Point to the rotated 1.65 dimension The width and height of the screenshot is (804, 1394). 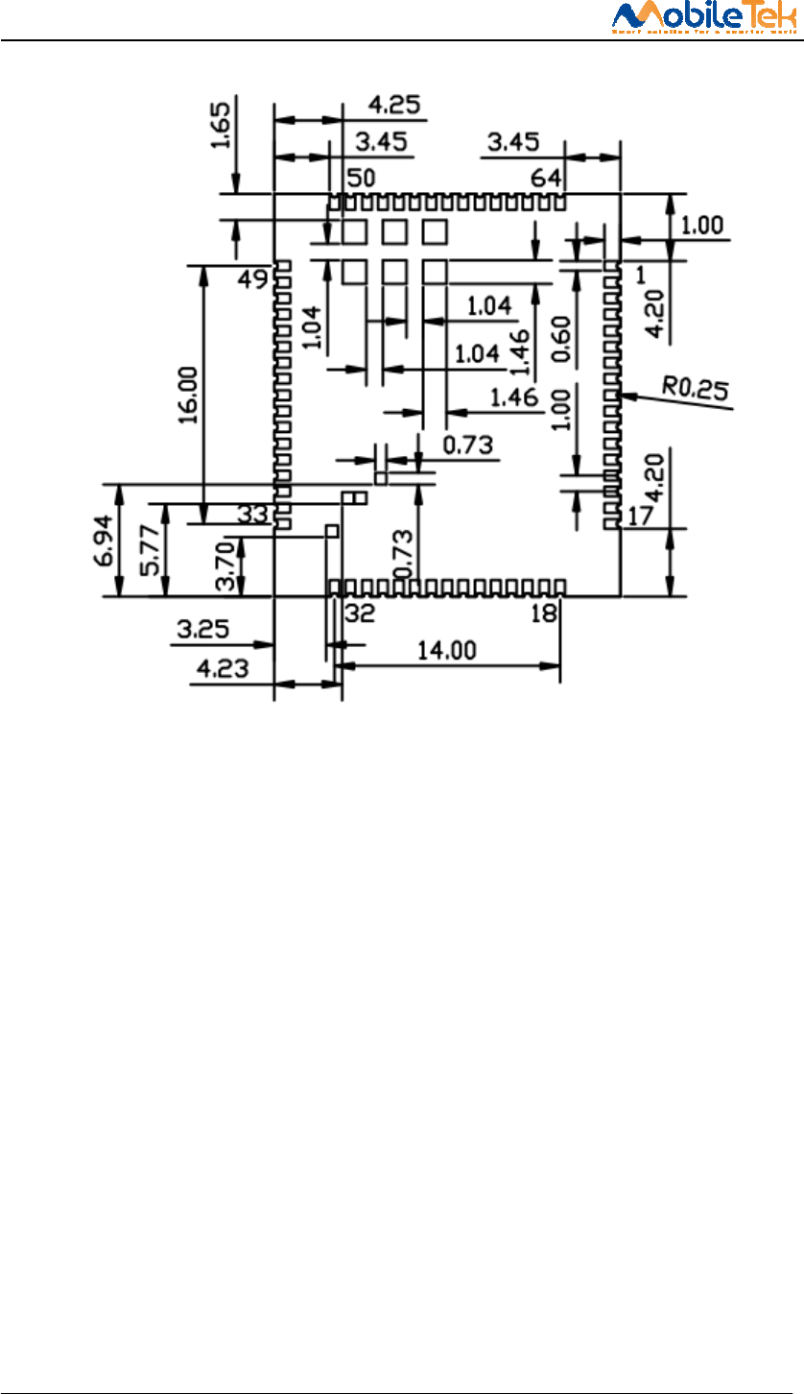221,127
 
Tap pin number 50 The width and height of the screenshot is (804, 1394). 361,179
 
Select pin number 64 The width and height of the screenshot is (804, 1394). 548,179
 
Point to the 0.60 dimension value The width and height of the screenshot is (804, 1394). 564,340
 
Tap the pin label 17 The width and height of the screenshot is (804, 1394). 640,517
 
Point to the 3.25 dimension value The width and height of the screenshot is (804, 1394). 202,632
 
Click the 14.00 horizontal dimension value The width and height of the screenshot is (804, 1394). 448,650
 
